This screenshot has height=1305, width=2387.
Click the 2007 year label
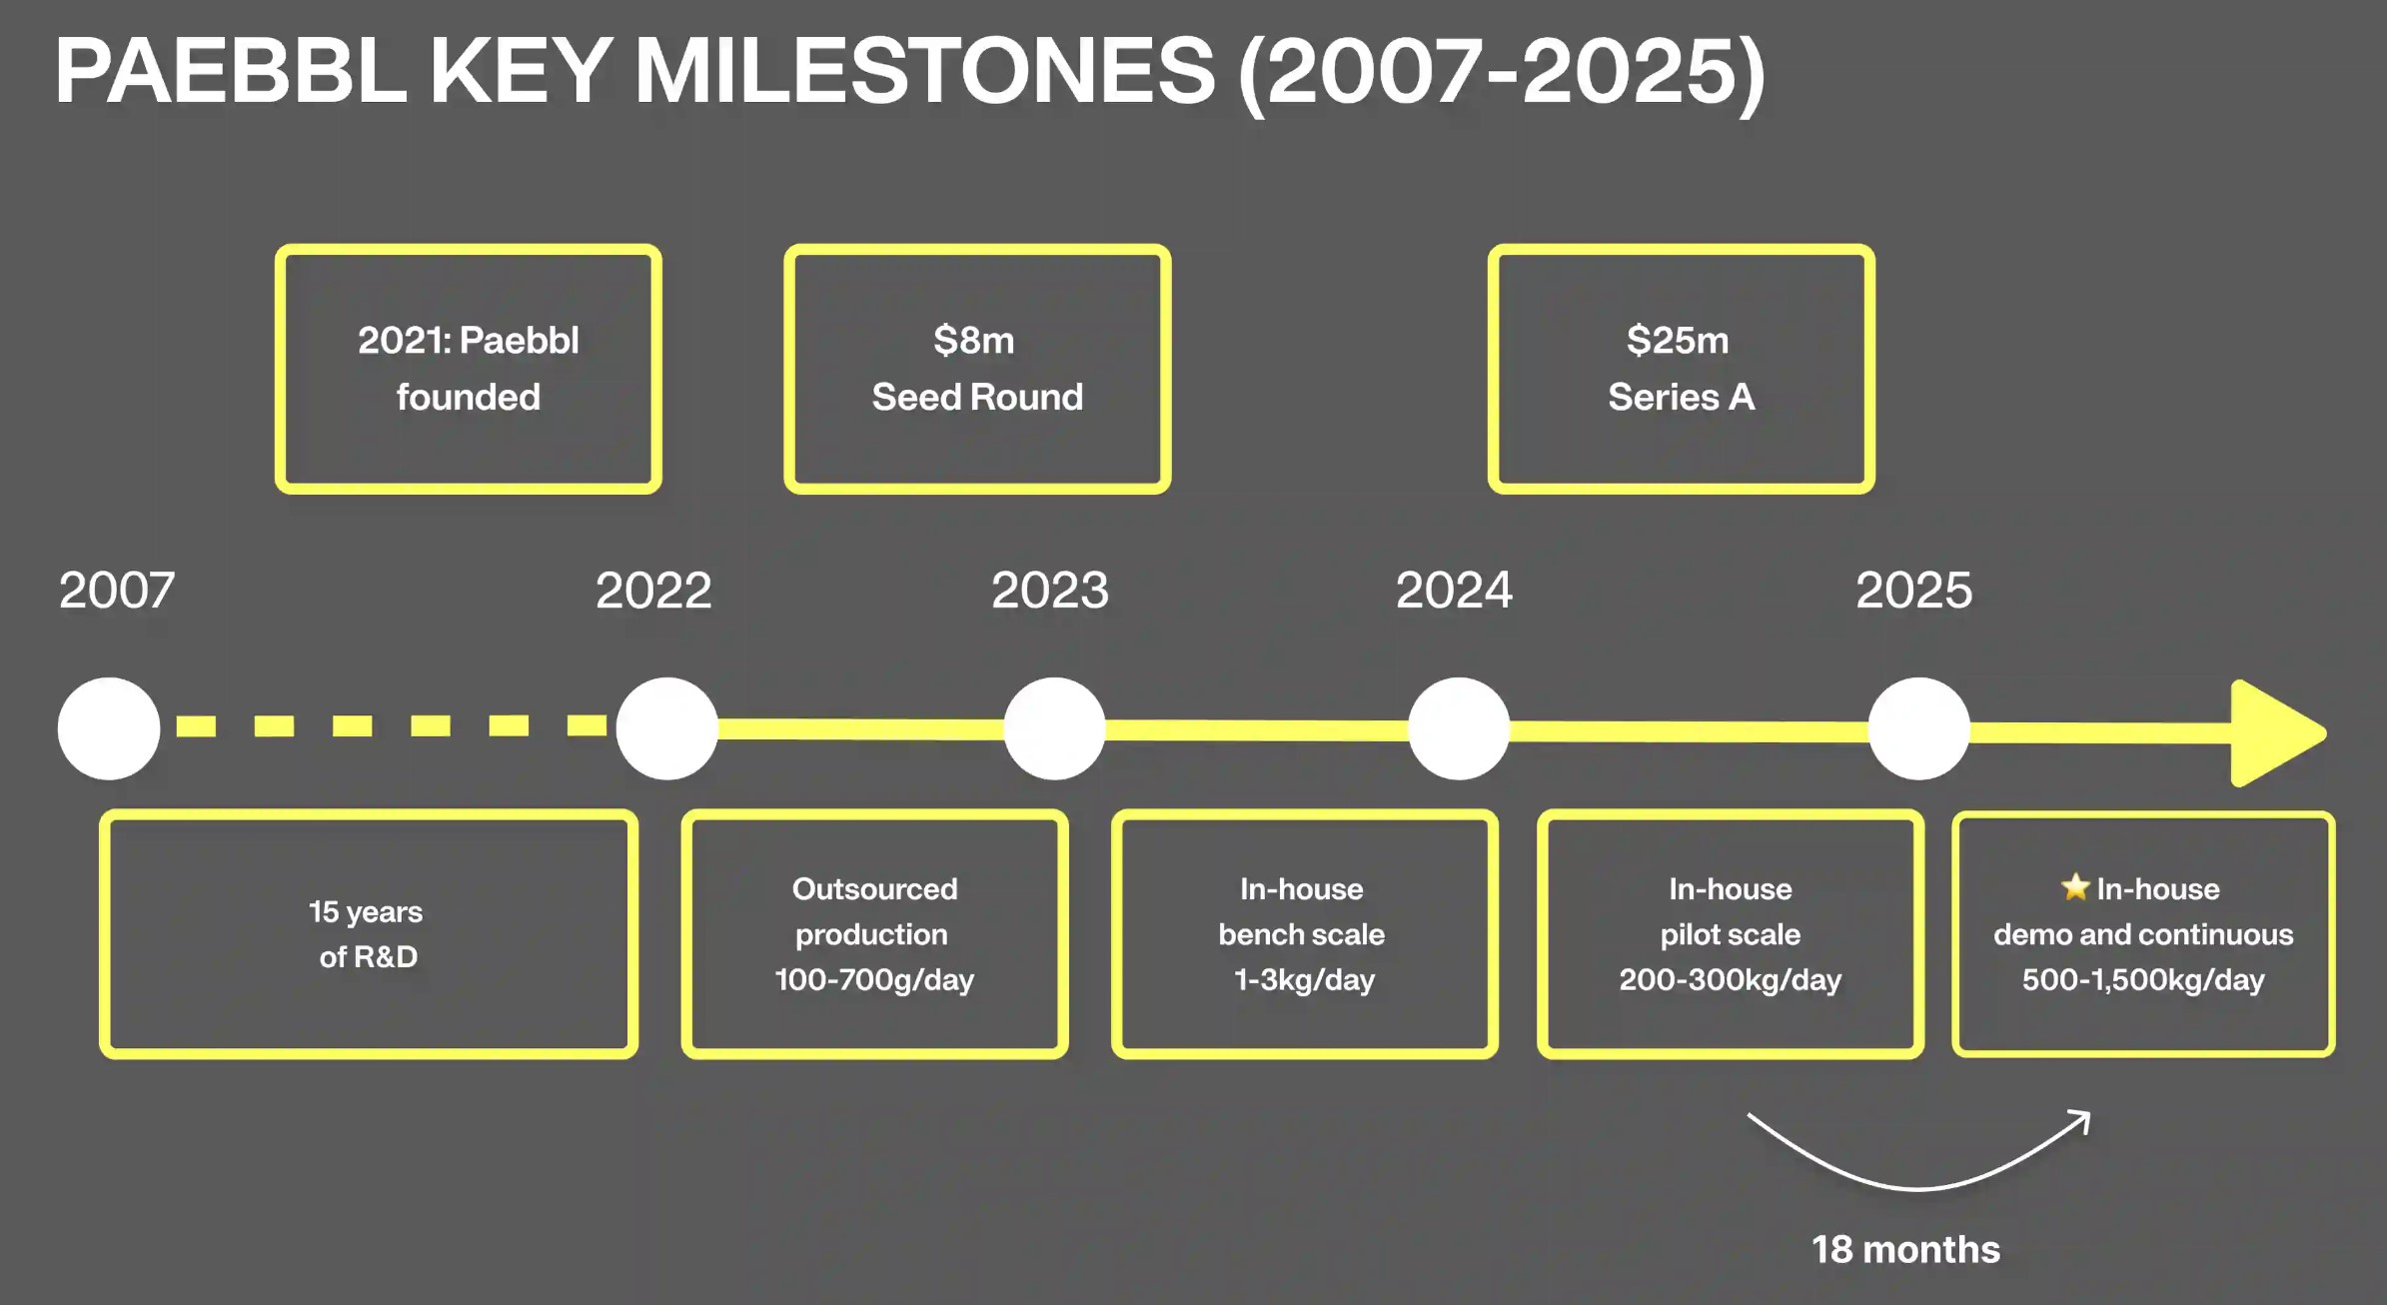point(117,590)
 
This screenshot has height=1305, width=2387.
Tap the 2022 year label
point(653,590)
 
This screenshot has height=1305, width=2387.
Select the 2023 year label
point(1050,590)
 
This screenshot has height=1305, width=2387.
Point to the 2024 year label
point(1454,590)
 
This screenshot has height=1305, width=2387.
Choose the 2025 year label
point(1914,590)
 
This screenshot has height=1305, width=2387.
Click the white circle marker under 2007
point(109,728)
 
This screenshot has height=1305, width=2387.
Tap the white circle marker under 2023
point(1054,728)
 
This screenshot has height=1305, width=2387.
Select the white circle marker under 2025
point(1918,728)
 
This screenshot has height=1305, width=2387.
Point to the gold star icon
point(2075,886)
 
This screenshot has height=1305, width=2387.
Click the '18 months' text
point(1905,1249)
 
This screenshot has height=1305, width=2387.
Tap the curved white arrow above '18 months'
point(1918,1188)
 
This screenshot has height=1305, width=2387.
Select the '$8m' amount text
point(974,341)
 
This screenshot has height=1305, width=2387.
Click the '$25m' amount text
point(1678,341)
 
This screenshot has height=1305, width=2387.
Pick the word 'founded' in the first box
point(469,397)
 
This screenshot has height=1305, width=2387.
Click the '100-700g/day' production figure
point(874,980)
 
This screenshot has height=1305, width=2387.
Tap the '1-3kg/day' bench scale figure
point(1304,980)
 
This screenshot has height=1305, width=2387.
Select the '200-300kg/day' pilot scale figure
point(1731,980)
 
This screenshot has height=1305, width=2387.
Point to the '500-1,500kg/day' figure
point(2143,980)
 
